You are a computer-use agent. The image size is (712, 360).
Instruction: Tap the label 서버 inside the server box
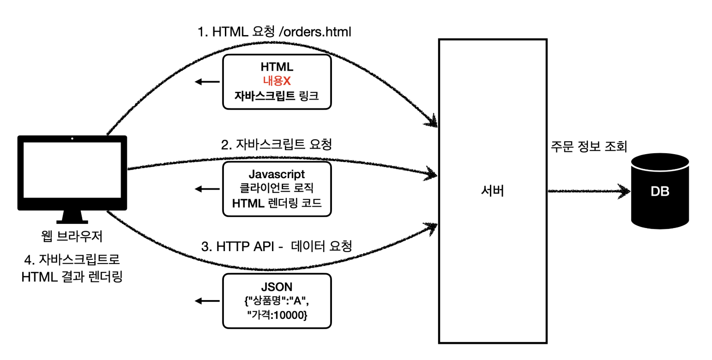click(492, 191)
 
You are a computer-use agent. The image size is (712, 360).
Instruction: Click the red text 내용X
click(277, 81)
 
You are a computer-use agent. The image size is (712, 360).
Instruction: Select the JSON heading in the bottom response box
click(277, 287)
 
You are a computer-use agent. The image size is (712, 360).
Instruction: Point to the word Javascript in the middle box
click(277, 174)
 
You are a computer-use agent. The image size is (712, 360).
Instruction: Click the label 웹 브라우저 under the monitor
click(72, 236)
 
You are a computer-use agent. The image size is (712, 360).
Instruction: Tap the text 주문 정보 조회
click(589, 147)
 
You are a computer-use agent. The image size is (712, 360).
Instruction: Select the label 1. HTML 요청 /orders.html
click(274, 32)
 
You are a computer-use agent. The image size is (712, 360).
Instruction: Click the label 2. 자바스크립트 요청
click(277, 144)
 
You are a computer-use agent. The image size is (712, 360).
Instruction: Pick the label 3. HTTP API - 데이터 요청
click(277, 246)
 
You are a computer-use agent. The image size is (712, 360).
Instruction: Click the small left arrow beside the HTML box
click(207, 82)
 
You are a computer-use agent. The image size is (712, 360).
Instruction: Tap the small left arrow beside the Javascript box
click(207, 189)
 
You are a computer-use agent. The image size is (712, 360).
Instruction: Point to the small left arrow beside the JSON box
click(207, 301)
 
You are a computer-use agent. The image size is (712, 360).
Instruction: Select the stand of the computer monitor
click(72, 217)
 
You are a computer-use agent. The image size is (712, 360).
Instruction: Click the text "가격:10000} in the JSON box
click(277, 316)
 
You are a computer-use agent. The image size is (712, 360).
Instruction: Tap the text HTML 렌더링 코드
click(277, 203)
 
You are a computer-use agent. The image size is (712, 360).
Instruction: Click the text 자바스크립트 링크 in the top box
click(277, 96)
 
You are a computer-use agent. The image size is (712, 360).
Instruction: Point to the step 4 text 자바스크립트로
click(72, 260)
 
